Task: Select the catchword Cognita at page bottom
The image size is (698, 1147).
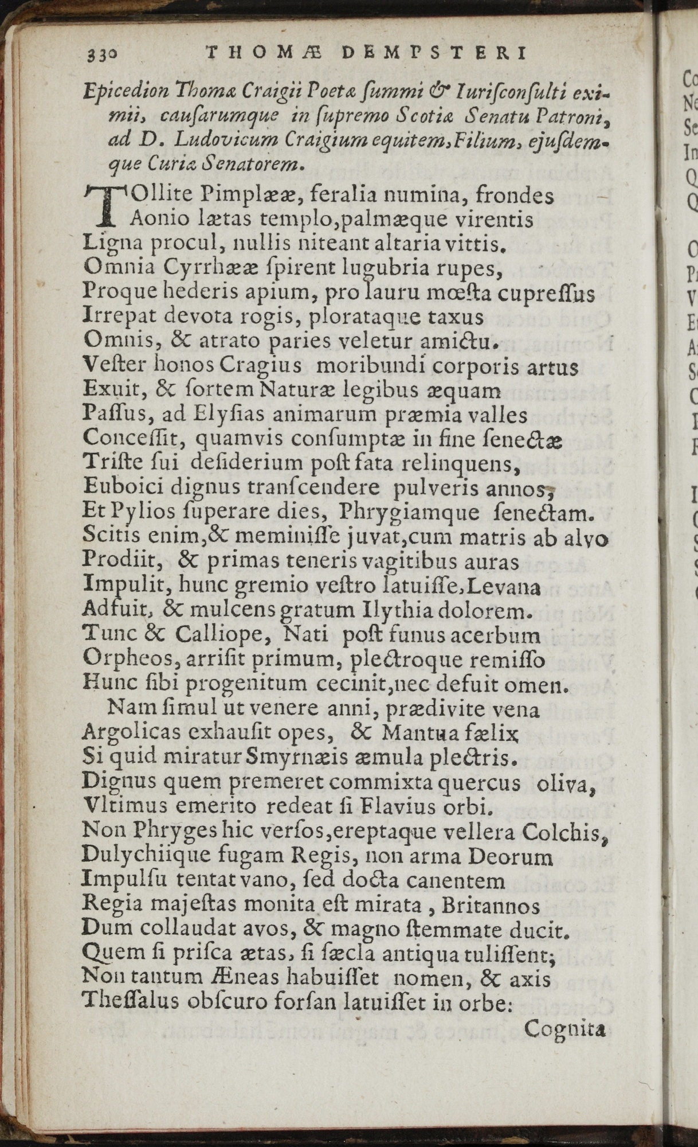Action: tap(564, 1029)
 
